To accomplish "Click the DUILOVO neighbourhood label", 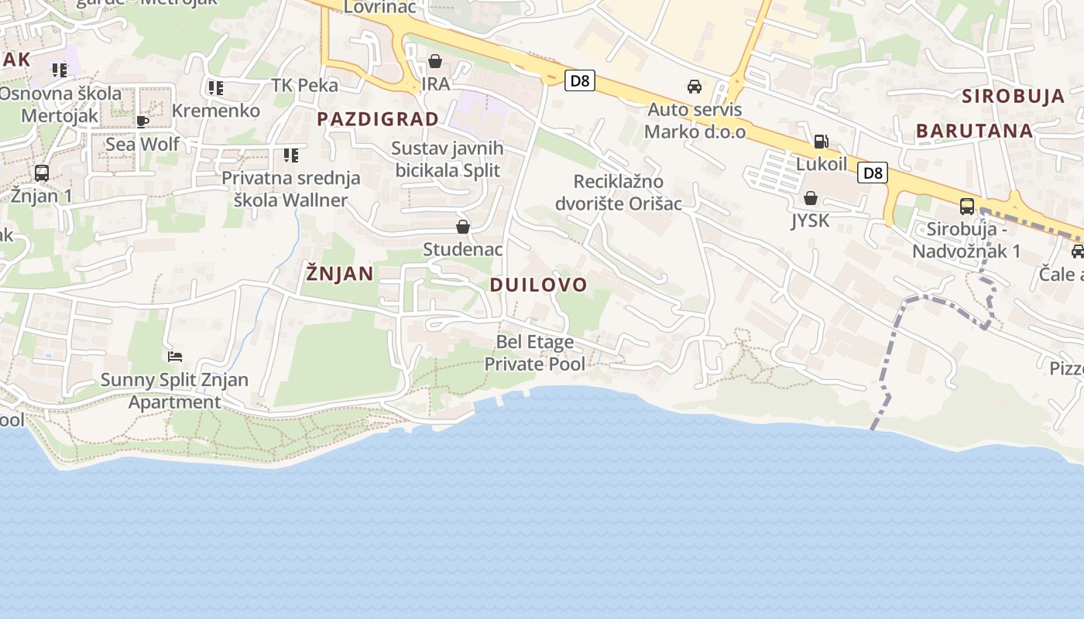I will click(x=539, y=285).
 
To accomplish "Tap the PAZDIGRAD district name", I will click(x=378, y=119).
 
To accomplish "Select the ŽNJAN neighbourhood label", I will click(x=339, y=273).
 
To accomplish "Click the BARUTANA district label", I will click(x=974, y=131).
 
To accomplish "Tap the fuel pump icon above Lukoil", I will click(x=821, y=142).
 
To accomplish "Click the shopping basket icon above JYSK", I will click(x=810, y=198).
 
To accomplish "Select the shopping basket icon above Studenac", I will click(x=463, y=227).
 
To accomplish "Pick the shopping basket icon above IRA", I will click(x=435, y=61).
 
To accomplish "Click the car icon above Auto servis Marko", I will click(x=695, y=87).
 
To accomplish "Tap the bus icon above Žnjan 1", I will click(x=42, y=173).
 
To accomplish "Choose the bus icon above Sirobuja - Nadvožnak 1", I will click(x=966, y=207).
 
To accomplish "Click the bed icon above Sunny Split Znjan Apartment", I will click(x=175, y=357).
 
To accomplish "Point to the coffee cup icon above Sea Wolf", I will click(x=142, y=121).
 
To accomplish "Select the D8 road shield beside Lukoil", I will click(x=873, y=173).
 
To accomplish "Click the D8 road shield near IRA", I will click(x=579, y=80).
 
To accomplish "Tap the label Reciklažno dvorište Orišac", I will click(x=619, y=193).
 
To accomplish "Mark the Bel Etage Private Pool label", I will click(x=535, y=352).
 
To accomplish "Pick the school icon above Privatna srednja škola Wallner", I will click(x=291, y=156).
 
